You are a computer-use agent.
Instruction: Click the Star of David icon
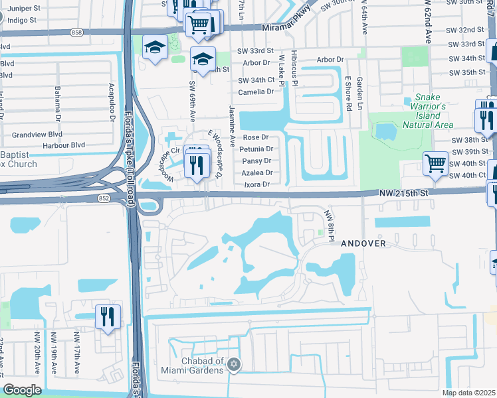[233, 364]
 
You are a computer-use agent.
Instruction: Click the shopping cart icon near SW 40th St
[435, 162]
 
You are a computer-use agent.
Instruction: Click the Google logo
[22, 389]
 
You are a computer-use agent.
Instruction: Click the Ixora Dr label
[257, 184]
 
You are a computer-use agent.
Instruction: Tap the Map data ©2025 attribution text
[468, 393]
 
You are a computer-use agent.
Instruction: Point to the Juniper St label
[18, 9]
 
